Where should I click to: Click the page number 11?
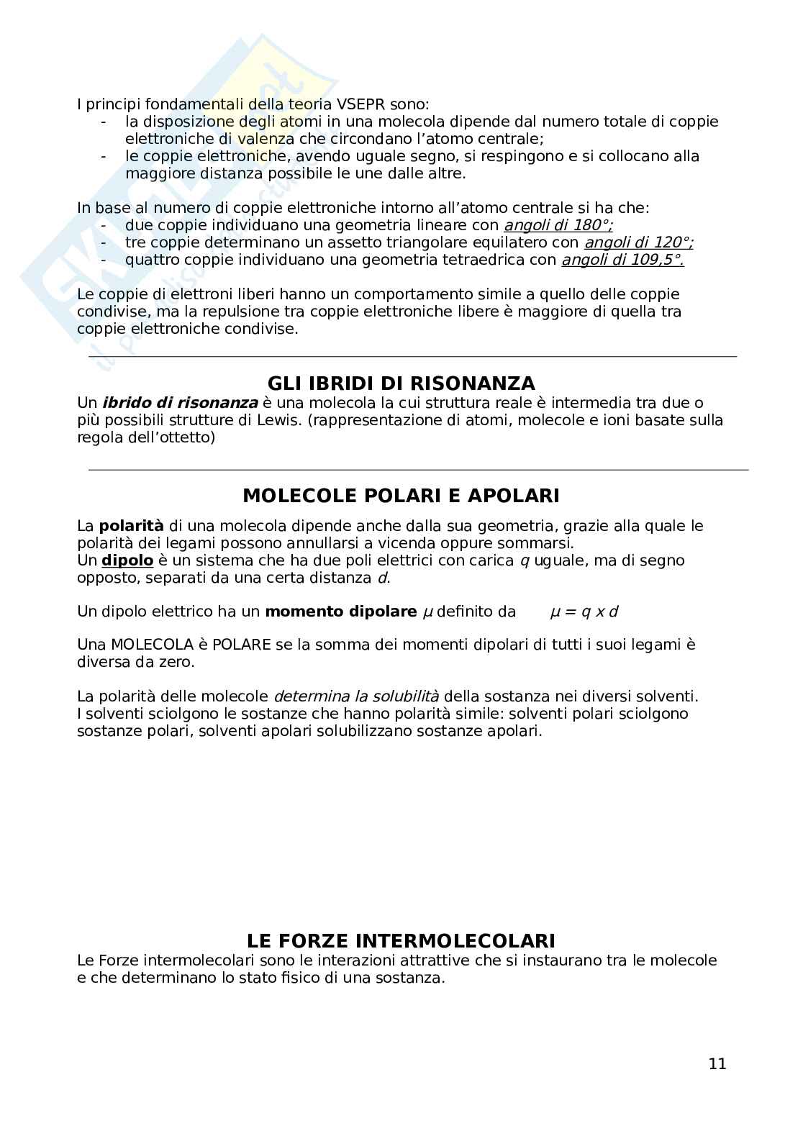[717, 1064]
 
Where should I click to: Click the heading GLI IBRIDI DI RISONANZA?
[401, 383]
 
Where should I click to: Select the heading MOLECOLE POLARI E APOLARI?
[401, 496]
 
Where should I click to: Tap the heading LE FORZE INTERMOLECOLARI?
[401, 941]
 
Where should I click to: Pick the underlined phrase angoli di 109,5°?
[622, 260]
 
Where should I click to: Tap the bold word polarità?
[131, 526]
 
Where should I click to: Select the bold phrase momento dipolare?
[340, 612]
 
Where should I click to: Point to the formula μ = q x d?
[584, 612]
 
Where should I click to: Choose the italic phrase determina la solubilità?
[356, 696]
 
